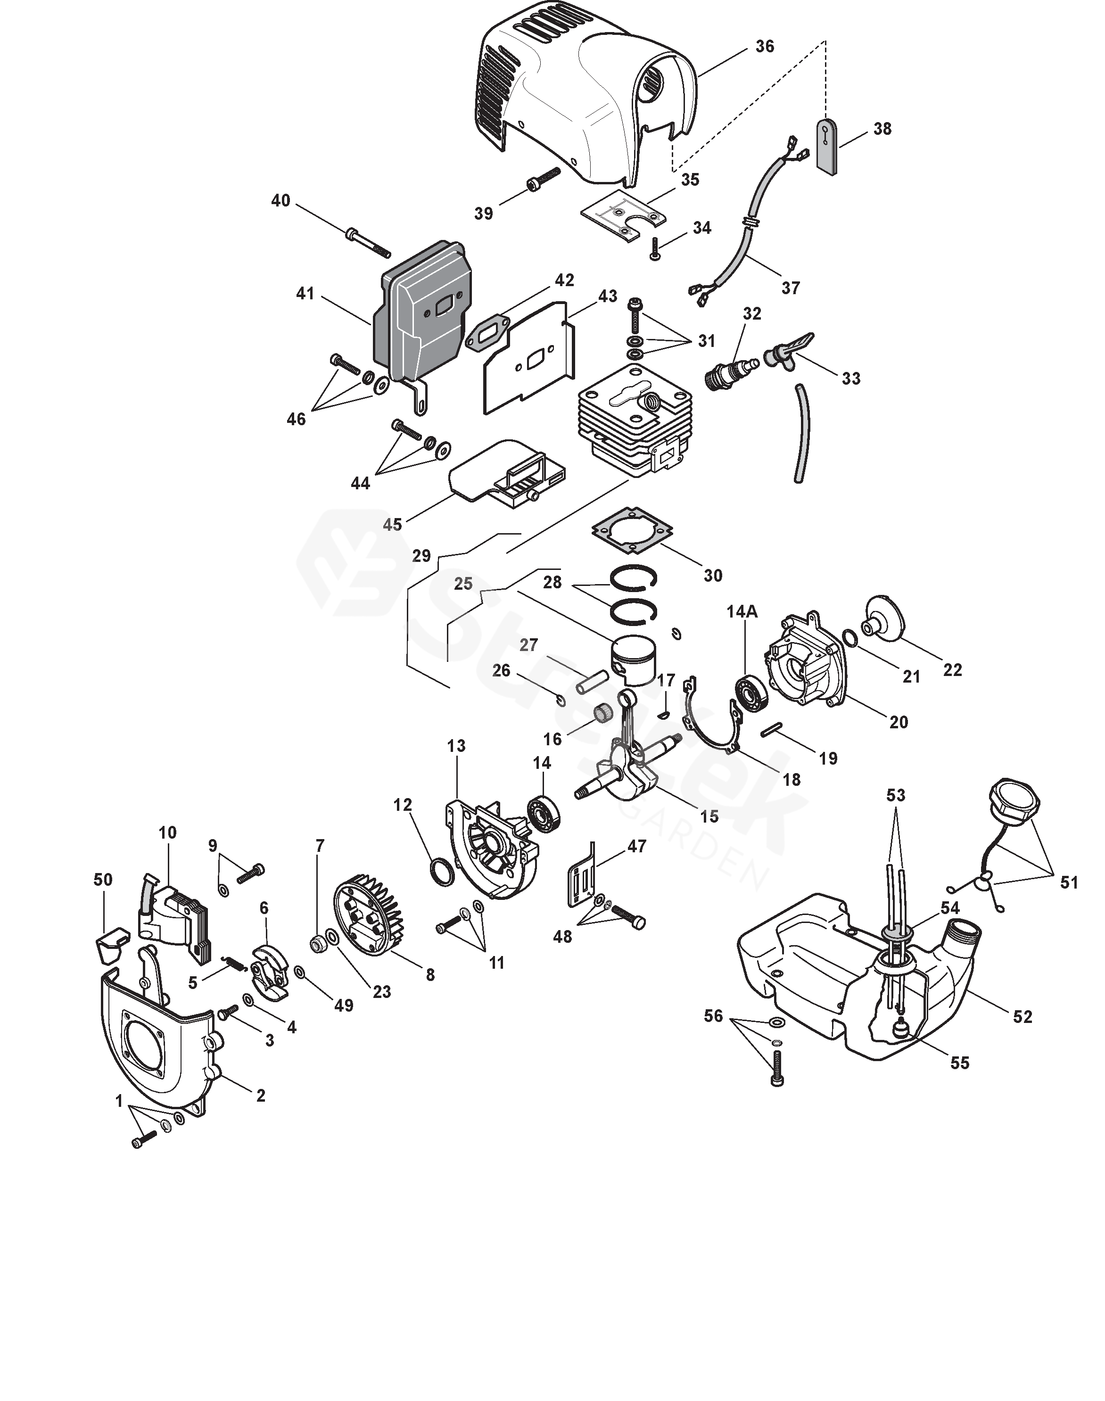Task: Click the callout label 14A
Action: (x=742, y=611)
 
